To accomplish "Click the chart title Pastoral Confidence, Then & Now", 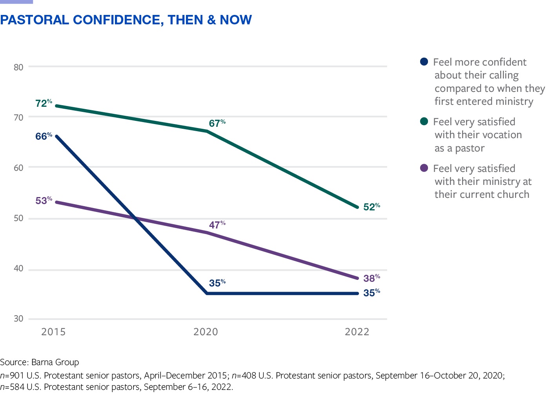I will (x=126, y=20).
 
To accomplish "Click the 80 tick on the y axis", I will (x=18, y=67).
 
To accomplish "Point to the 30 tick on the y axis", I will (x=18, y=319).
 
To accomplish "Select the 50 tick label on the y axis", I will (x=18, y=218).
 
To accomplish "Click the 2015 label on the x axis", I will (x=53, y=332).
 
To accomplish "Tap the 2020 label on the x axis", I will (x=206, y=332).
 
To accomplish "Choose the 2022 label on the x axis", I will (x=357, y=332).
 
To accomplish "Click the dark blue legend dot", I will (x=424, y=62).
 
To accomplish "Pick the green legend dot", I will (x=424, y=121).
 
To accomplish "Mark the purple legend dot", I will (x=424, y=168).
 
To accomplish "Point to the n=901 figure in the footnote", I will (x=12, y=376).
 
